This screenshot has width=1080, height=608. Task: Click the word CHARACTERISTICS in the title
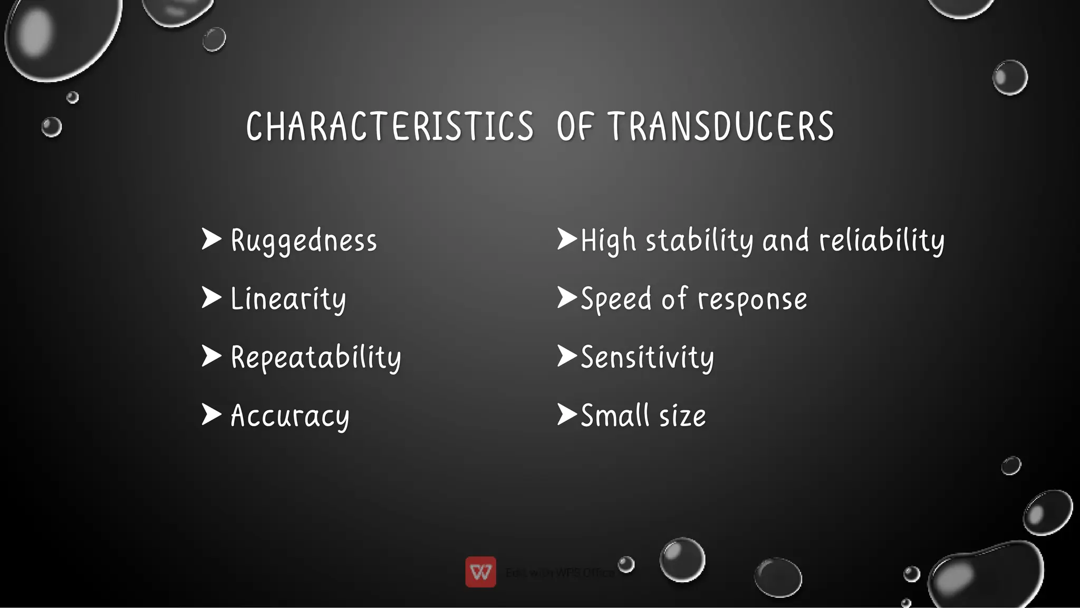coord(390,127)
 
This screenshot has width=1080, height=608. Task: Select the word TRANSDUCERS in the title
coord(720,127)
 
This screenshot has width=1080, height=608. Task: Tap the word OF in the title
coord(575,127)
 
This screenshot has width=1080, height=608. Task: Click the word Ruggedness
coord(304,242)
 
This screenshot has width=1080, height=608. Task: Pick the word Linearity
coord(288,300)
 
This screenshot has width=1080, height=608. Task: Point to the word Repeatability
coord(316,358)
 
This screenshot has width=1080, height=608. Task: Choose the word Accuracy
coord(290,416)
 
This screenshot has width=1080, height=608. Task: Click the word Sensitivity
coord(648,358)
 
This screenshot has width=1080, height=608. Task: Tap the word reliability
coord(882,242)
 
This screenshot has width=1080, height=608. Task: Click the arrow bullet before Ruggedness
coord(211,239)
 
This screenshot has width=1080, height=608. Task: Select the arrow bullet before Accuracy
coord(211,414)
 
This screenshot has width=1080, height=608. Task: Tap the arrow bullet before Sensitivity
coord(567,356)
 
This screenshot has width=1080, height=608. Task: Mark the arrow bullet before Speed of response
coord(567,298)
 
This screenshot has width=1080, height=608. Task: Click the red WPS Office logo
coord(480,572)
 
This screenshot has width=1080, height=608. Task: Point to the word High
coord(608,242)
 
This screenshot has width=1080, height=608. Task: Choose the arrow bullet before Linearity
coord(211,298)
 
